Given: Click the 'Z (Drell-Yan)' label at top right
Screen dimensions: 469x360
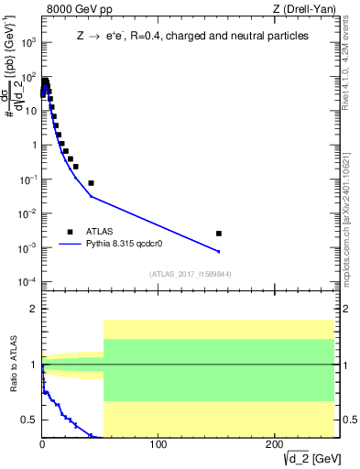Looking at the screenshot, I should click(x=302, y=9).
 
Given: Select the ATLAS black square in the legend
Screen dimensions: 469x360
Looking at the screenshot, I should click(x=70, y=232).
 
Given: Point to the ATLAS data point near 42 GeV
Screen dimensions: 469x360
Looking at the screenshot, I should click(x=91, y=183).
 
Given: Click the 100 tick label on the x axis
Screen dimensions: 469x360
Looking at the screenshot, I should click(x=158, y=445).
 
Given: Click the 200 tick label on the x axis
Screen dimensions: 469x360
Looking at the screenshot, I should click(x=274, y=445).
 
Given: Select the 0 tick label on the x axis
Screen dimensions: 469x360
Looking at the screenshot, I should click(x=42, y=445).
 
